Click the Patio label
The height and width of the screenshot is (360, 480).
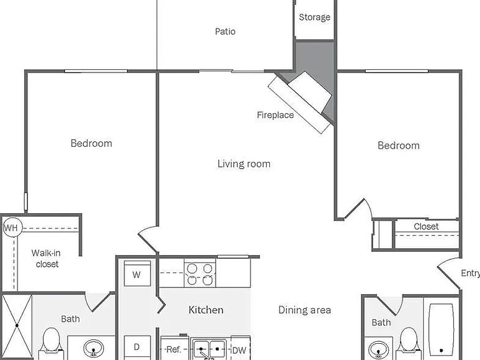pyautogui.click(x=225, y=31)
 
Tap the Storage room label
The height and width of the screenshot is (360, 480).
pyautogui.click(x=314, y=17)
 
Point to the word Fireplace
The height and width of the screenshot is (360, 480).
pyautogui.click(x=275, y=115)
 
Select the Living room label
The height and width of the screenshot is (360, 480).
pyautogui.click(x=244, y=164)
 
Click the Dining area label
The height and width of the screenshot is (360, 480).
pyautogui.click(x=304, y=310)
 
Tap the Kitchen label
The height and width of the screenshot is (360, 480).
pyautogui.click(x=206, y=310)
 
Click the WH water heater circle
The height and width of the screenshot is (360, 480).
pyautogui.click(x=12, y=227)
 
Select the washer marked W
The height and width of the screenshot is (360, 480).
pyautogui.click(x=137, y=273)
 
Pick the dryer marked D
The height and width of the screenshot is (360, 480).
pyautogui.click(x=137, y=347)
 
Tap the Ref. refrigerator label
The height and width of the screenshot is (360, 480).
pyautogui.click(x=174, y=349)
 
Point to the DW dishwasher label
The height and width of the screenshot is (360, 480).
pyautogui.click(x=239, y=351)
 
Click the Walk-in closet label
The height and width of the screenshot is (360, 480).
pyautogui.click(x=46, y=258)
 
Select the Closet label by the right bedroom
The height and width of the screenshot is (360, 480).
pyautogui.click(x=426, y=226)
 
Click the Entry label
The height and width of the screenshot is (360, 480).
pyautogui.click(x=471, y=273)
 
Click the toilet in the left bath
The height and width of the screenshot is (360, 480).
pyautogui.click(x=51, y=344)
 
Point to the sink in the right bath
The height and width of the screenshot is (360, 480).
pyautogui.click(x=379, y=349)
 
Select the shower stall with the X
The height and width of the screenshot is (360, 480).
pyautogui.click(x=17, y=326)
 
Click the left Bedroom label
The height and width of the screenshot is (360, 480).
pyautogui.click(x=91, y=143)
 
